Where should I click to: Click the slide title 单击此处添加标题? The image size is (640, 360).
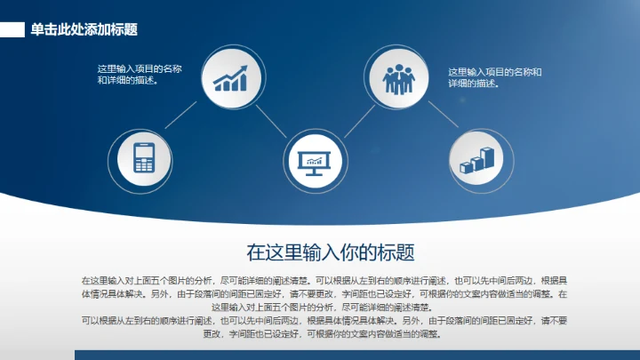84,29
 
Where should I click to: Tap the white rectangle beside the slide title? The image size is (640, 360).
12,29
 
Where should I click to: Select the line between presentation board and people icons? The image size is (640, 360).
356,119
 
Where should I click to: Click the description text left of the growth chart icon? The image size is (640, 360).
140,75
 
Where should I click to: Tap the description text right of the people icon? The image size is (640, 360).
494,77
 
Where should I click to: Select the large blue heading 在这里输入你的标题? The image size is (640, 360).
331,252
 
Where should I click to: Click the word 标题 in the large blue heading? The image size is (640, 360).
397,252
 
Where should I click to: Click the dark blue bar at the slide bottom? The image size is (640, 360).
356,355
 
